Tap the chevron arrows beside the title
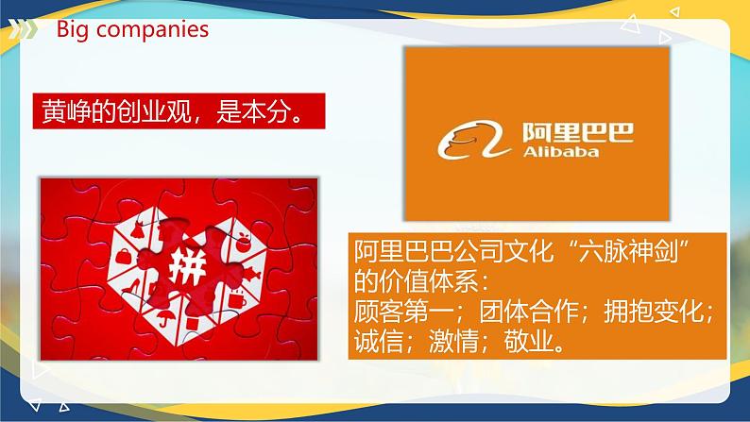pos(26,28)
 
